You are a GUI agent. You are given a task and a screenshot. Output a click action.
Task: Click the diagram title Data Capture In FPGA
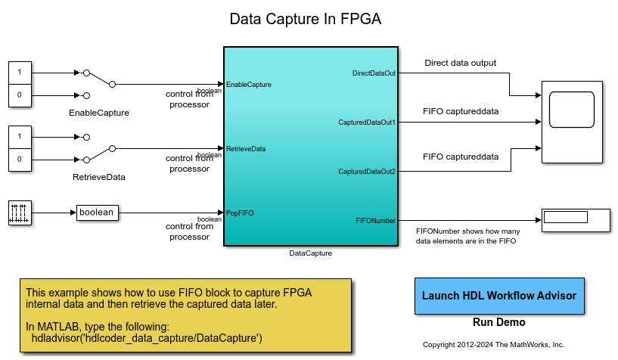[306, 19]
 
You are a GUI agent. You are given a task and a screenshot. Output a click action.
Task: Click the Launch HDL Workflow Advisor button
[499, 296]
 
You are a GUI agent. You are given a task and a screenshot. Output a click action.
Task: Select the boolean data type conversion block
[98, 213]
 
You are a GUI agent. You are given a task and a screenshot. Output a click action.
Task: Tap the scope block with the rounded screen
[572, 122]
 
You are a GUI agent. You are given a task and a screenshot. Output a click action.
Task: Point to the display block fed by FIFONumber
[576, 221]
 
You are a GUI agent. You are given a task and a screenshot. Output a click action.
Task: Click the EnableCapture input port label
[249, 84]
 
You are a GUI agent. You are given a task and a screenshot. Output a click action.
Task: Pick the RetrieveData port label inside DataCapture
[246, 149]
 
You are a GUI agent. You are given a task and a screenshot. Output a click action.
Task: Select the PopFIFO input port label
[240, 213]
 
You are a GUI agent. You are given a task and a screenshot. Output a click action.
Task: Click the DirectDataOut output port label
[374, 73]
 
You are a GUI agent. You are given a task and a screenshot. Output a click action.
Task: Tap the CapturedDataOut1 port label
[367, 123]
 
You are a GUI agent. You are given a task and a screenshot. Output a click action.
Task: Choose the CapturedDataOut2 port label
[367, 172]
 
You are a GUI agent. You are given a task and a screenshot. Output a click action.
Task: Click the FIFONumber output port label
[375, 221]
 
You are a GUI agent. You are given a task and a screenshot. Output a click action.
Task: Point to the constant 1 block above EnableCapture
[20, 73]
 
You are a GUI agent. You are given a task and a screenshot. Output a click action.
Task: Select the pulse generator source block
[20, 213]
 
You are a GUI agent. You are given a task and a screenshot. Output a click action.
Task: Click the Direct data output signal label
[461, 63]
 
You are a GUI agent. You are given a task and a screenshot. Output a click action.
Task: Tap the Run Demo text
[499, 322]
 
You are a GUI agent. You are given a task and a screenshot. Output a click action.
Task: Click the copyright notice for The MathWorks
[493, 345]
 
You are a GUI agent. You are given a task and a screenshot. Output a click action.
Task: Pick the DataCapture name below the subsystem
[311, 253]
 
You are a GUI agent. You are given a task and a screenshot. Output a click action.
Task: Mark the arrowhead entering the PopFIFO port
[221, 213]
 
